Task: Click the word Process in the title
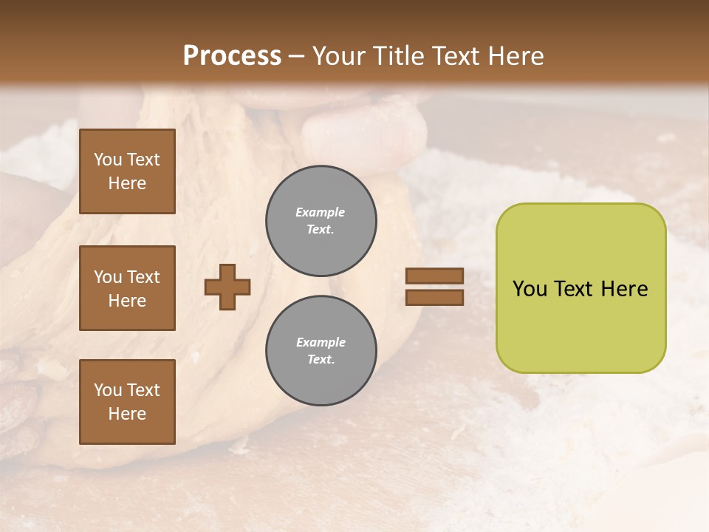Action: pyautogui.click(x=232, y=56)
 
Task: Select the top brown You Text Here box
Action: pyautogui.click(x=127, y=171)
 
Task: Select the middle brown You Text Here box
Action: pyautogui.click(x=127, y=288)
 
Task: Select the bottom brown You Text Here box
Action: pyautogui.click(x=127, y=401)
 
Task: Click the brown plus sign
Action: pyautogui.click(x=227, y=287)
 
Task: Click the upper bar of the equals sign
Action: pyautogui.click(x=434, y=276)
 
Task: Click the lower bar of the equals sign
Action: pyautogui.click(x=434, y=298)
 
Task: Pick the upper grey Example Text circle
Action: pyautogui.click(x=321, y=221)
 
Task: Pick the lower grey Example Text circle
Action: pyautogui.click(x=321, y=351)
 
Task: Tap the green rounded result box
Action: pyautogui.click(x=580, y=288)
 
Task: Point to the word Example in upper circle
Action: pyautogui.click(x=321, y=212)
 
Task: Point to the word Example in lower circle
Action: pyautogui.click(x=321, y=342)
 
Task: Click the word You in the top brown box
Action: pyautogui.click(x=107, y=160)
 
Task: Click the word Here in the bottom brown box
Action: pyautogui.click(x=127, y=414)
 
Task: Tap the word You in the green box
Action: pyautogui.click(x=530, y=289)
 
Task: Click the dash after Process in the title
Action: pyautogui.click(x=297, y=56)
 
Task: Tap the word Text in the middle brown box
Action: pyautogui.click(x=143, y=277)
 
